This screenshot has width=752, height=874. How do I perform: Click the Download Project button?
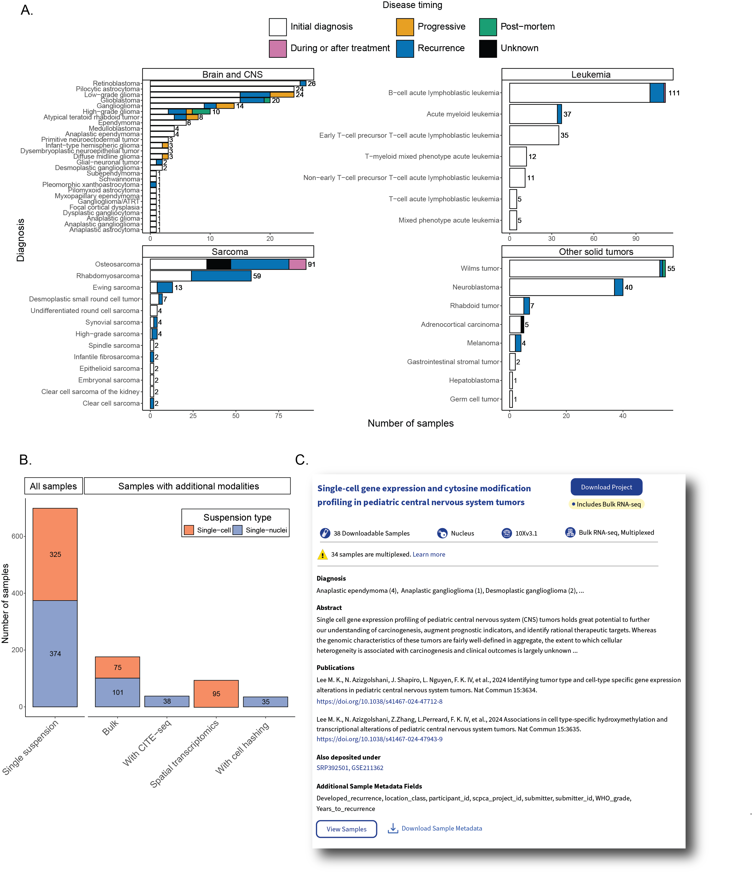click(606, 487)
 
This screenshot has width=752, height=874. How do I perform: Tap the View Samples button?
click(346, 829)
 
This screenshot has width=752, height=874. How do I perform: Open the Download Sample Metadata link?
click(441, 828)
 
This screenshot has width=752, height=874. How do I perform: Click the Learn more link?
click(429, 554)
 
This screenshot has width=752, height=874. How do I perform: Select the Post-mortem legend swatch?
click(487, 27)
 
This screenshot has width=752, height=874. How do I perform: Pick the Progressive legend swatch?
click(405, 27)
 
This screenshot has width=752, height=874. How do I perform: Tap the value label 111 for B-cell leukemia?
click(673, 93)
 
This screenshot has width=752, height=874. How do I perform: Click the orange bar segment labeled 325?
click(55, 554)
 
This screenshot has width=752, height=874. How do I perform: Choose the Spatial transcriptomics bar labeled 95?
click(216, 693)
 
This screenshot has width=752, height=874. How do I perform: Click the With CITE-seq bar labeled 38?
click(167, 701)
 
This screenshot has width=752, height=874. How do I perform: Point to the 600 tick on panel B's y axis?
click(17, 536)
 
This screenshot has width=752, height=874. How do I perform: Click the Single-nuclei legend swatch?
click(237, 530)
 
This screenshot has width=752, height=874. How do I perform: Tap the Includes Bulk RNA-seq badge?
click(606, 504)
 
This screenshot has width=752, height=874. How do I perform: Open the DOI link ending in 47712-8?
click(379, 701)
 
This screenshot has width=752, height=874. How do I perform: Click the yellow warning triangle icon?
click(322, 554)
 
